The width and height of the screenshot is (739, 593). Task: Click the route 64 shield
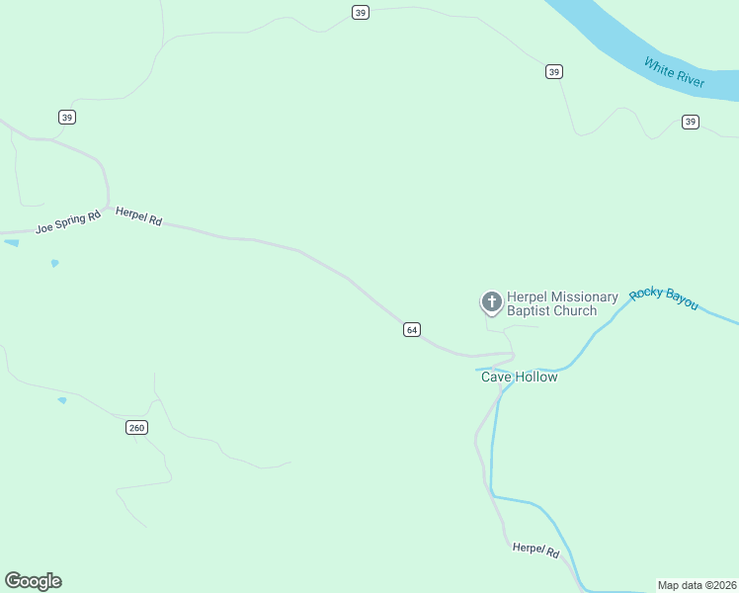[x=412, y=329]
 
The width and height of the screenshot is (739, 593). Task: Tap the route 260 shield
[x=136, y=427]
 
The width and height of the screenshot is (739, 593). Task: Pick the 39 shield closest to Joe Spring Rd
[x=67, y=117]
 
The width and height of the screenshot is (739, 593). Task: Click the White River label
[x=674, y=73]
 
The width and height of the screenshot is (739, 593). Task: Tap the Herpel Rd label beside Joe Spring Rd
[x=138, y=216]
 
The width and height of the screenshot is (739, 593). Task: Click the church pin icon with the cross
[x=491, y=301]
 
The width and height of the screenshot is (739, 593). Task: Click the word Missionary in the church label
[x=583, y=296]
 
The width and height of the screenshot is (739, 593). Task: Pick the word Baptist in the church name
[x=529, y=310]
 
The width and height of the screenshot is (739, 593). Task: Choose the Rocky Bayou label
[x=664, y=296]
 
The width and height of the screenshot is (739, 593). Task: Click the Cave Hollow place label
[x=519, y=377]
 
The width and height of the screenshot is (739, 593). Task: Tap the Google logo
[x=33, y=581]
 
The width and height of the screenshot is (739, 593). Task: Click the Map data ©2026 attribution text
[x=697, y=585]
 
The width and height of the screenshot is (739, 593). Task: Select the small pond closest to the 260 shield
[x=62, y=400]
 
